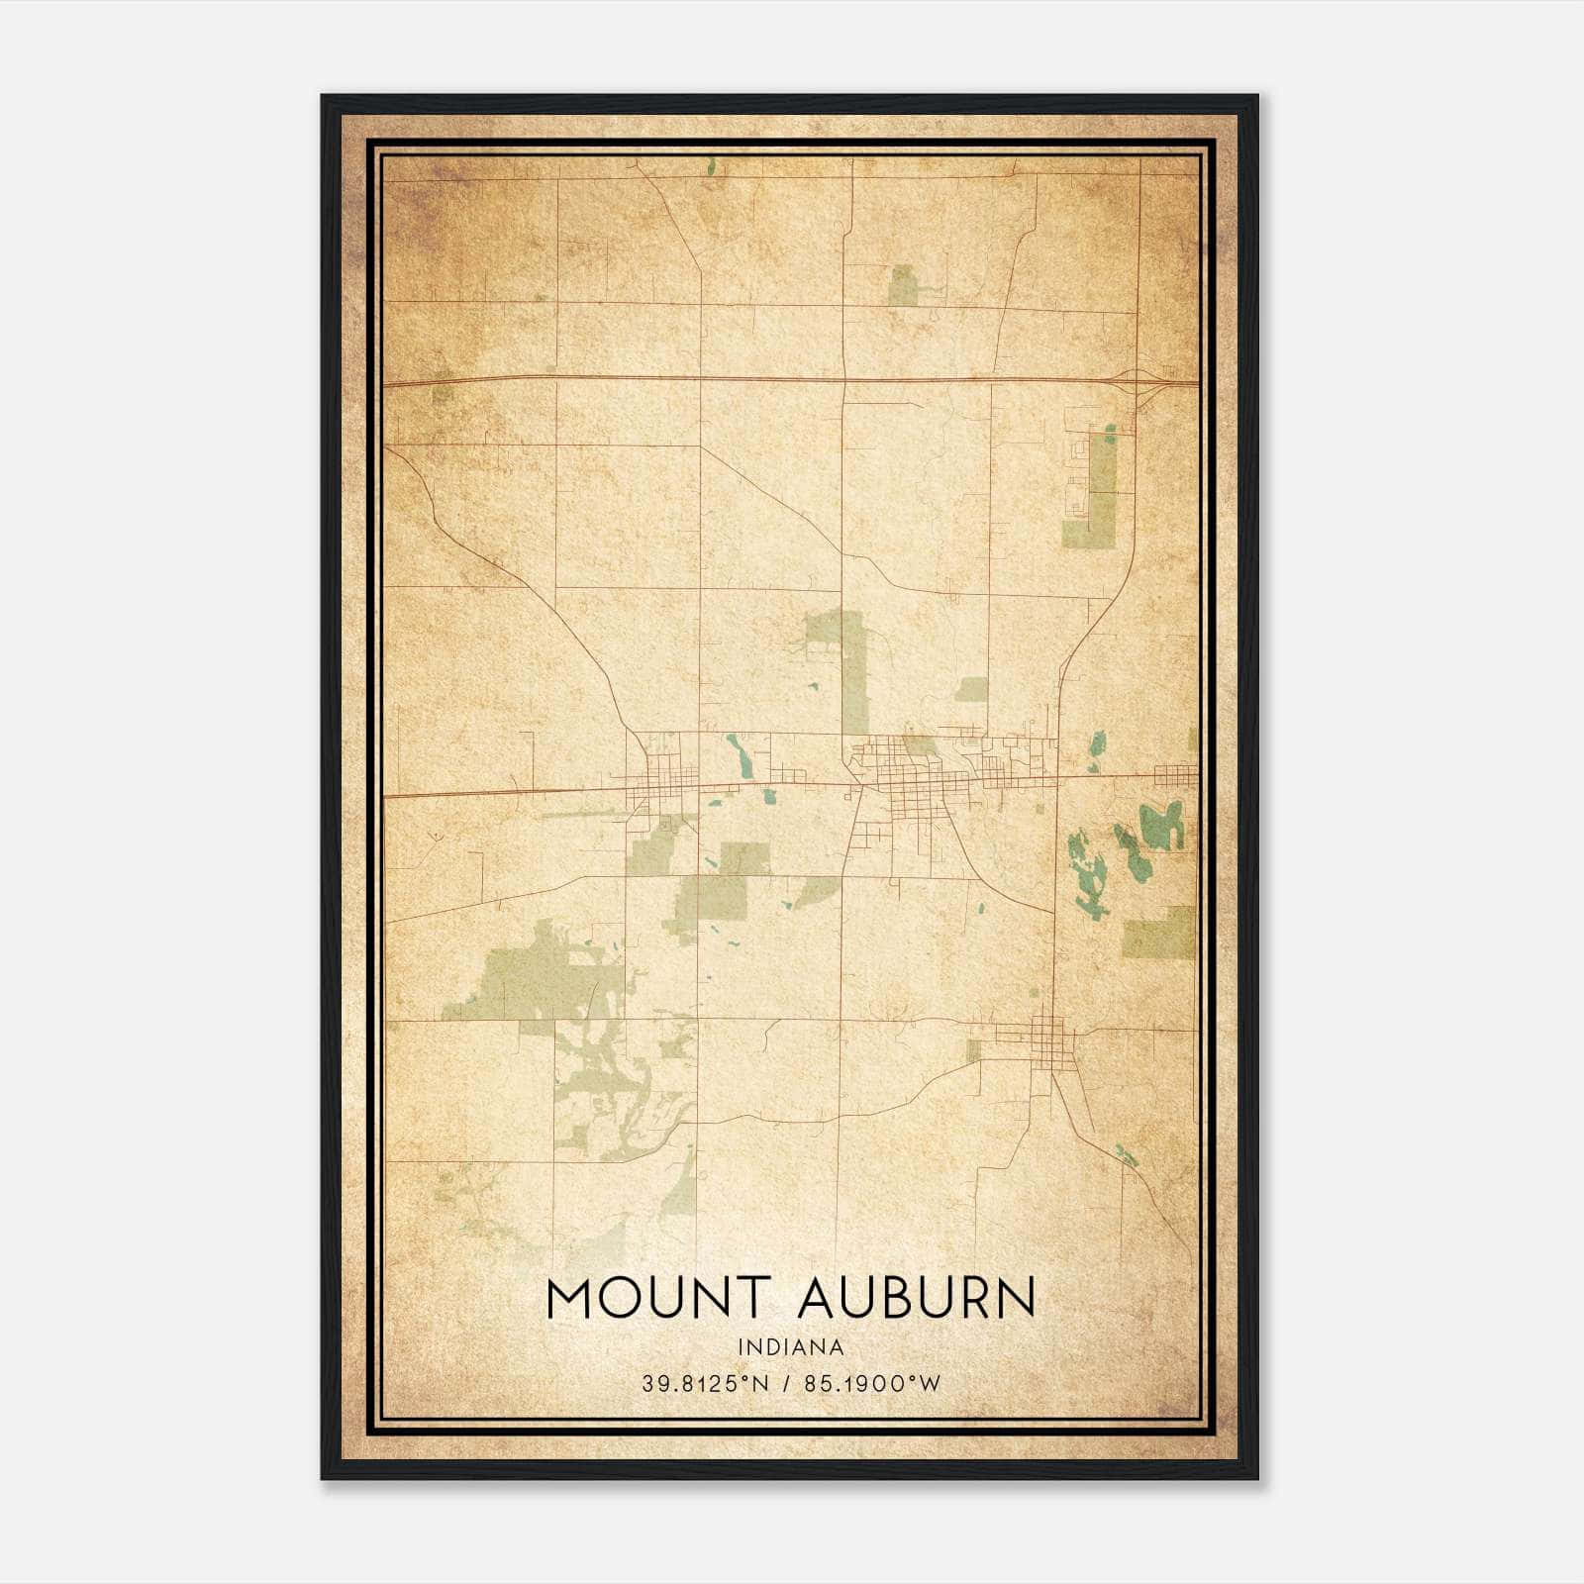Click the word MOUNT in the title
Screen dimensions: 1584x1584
pyautogui.click(x=657, y=1298)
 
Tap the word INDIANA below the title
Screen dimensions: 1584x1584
pyautogui.click(x=790, y=1347)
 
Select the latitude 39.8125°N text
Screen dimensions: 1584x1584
pyautogui.click(x=704, y=1384)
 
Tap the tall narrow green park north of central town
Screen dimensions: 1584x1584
pyautogui.click(x=854, y=673)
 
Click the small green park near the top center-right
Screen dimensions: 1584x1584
pyautogui.click(x=902, y=285)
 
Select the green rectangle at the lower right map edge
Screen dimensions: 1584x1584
pyautogui.click(x=1159, y=933)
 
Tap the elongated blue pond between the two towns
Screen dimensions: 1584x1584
pyautogui.click(x=740, y=755)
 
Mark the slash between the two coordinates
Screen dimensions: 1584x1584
pyautogui.click(x=786, y=1384)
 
